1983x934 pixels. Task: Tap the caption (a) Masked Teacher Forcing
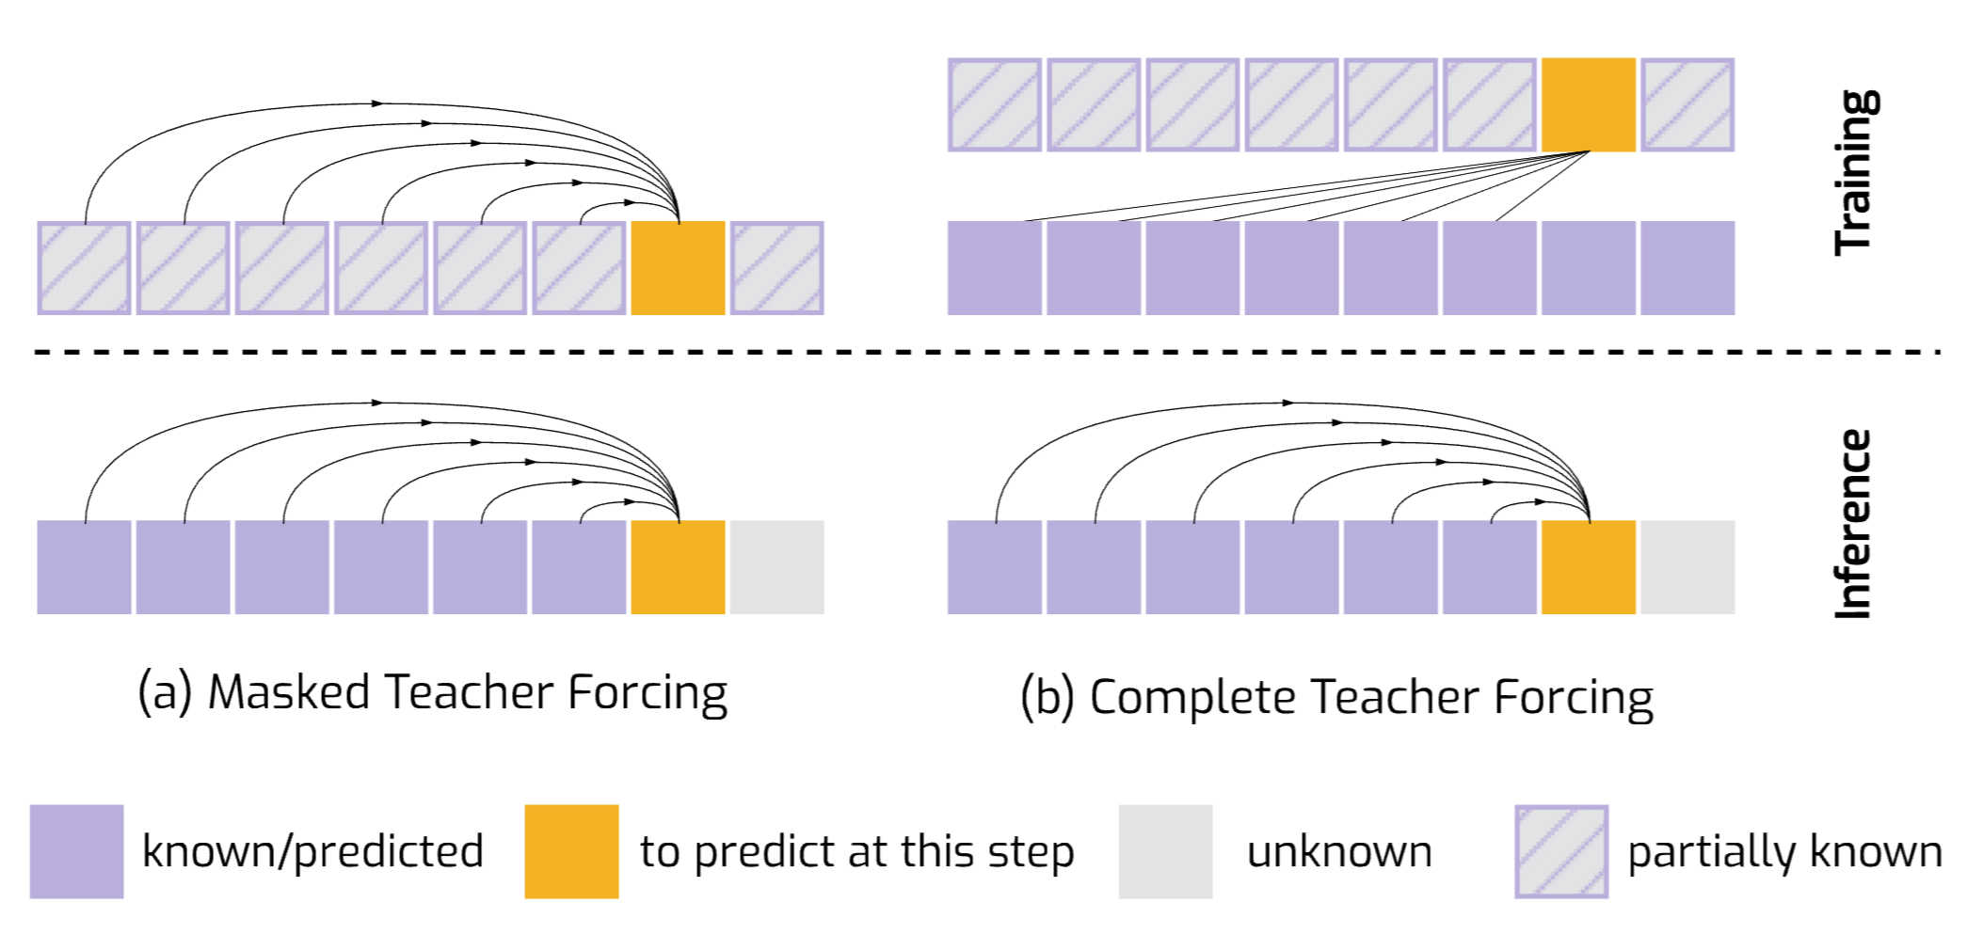(432, 694)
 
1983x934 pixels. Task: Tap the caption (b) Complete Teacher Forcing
(1336, 699)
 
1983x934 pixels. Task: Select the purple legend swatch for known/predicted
(76, 851)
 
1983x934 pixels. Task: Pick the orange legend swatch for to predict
(571, 851)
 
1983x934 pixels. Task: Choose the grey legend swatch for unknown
(1165, 851)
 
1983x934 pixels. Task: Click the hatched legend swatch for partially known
(1561, 851)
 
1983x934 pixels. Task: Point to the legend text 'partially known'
(1784, 852)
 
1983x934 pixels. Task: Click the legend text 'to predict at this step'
(856, 852)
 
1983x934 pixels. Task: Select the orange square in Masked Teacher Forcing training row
(678, 268)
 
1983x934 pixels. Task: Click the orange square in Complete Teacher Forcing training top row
(1589, 104)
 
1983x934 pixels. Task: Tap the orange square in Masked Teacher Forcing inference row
(678, 567)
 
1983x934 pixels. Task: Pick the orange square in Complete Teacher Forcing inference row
(1589, 567)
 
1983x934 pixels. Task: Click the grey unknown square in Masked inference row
(776, 567)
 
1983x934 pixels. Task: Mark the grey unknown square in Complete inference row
(1687, 567)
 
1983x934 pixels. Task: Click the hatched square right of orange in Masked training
(776, 268)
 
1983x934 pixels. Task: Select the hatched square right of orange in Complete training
(1687, 104)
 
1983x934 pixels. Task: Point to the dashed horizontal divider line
(988, 352)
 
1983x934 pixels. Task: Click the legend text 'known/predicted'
(312, 852)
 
